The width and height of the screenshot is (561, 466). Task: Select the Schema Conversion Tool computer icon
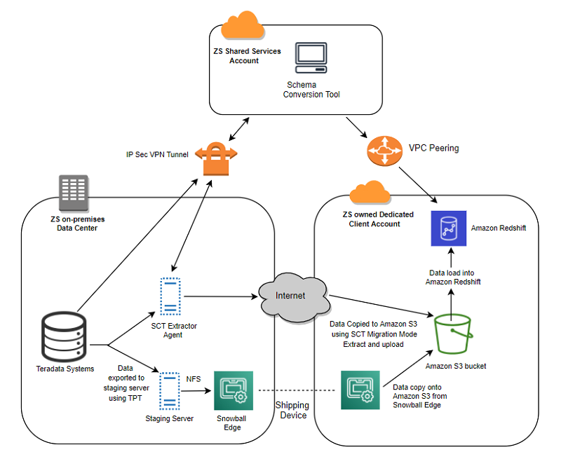click(311, 59)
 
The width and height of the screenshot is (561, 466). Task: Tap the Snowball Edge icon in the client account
click(360, 390)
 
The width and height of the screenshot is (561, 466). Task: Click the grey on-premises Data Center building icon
click(74, 193)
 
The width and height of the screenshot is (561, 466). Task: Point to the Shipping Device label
click(292, 411)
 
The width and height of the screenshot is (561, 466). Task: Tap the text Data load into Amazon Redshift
click(452, 276)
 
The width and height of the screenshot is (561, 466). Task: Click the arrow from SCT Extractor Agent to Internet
click(217, 296)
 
